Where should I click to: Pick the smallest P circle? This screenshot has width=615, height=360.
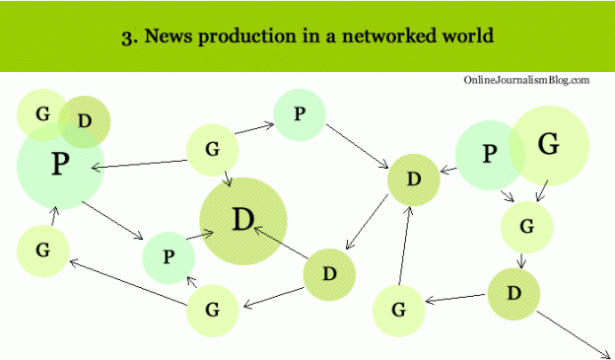[169, 257]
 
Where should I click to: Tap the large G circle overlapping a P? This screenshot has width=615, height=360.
[550, 146]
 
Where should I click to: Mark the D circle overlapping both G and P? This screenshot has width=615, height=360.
[85, 121]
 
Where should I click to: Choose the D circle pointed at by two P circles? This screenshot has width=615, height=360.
[413, 179]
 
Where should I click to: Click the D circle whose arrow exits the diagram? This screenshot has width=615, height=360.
[513, 293]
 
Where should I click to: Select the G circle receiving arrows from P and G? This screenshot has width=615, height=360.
[526, 226]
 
